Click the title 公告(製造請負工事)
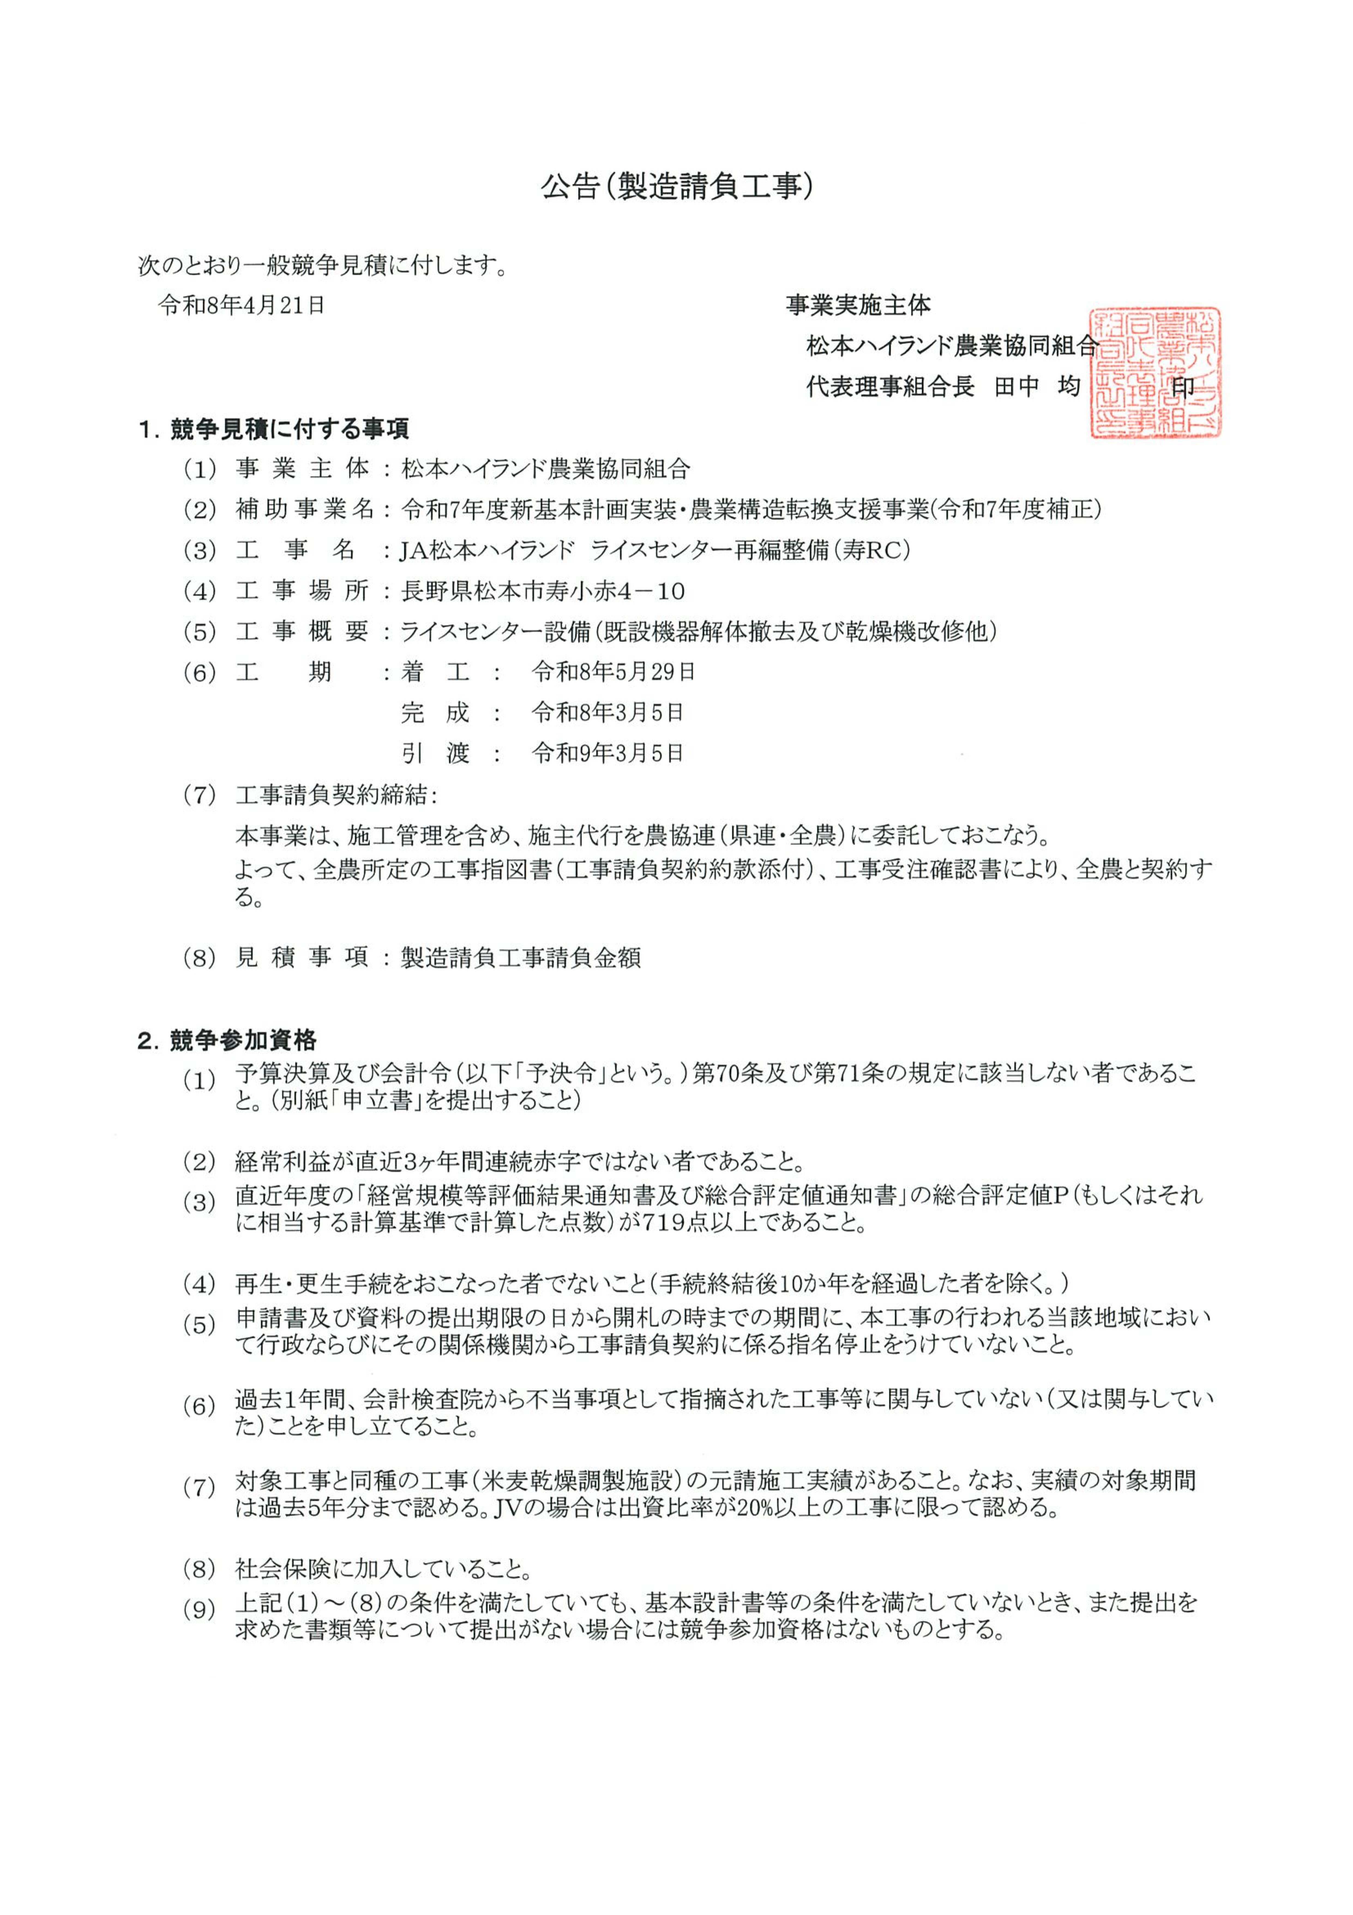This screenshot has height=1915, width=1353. pos(676,187)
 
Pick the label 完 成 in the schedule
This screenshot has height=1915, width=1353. pos(435,712)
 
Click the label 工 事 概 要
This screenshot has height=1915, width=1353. pos(302,632)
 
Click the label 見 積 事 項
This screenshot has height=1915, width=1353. pos(302,957)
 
